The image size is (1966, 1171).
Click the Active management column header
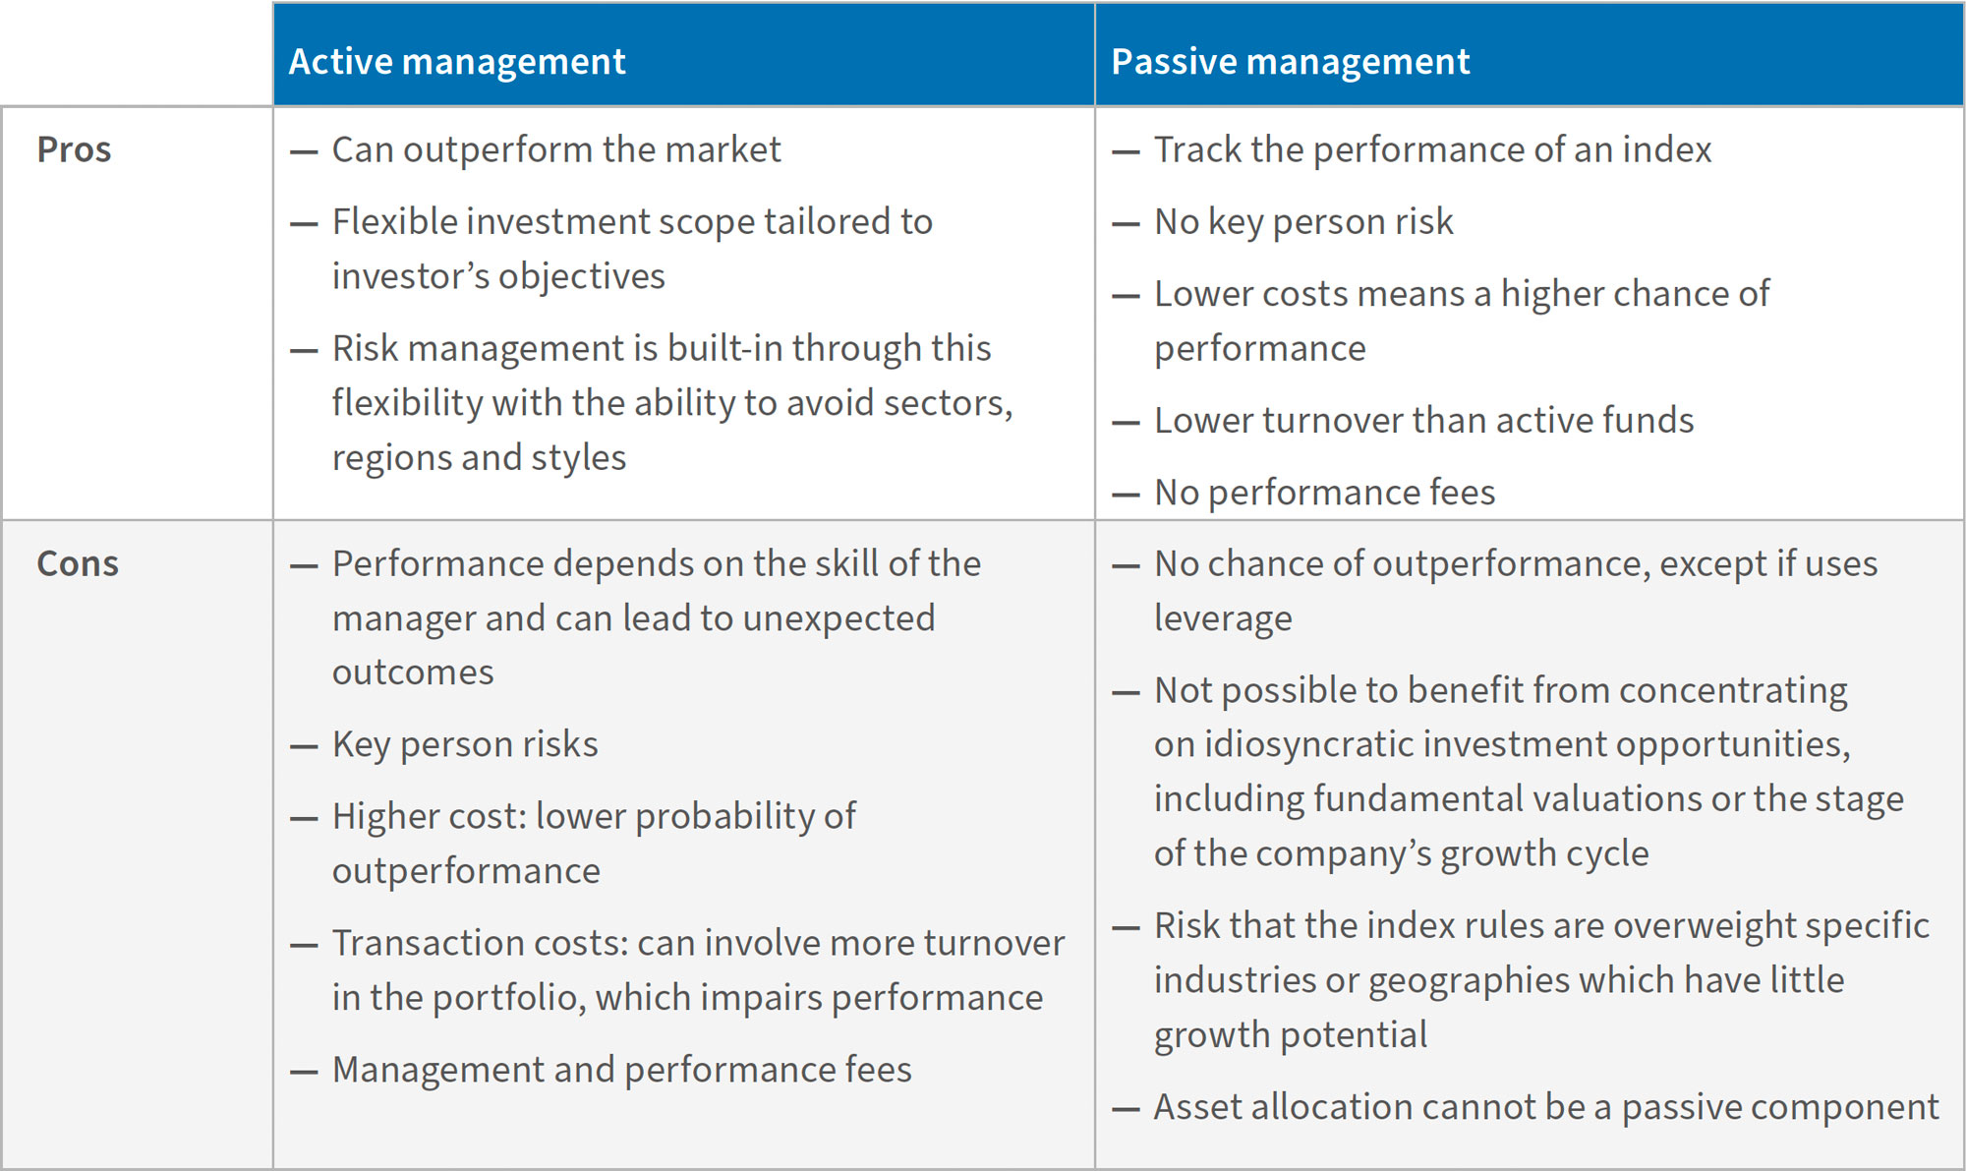(457, 61)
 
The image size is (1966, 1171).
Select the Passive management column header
(1290, 61)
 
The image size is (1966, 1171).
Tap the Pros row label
(74, 149)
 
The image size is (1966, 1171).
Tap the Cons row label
(78, 563)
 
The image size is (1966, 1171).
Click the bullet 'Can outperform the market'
(556, 149)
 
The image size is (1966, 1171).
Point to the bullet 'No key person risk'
(1303, 221)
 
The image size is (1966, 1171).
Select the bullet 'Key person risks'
(465, 744)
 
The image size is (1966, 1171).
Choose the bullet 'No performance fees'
(1324, 492)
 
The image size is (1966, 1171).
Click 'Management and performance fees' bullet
(621, 1070)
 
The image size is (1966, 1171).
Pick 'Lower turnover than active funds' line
(1423, 420)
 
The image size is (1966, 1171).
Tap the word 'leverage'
(1223, 618)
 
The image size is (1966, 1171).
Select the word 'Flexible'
(395, 221)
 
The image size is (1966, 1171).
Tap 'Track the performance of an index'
(1432, 149)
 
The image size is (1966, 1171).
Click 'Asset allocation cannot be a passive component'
(1545, 1107)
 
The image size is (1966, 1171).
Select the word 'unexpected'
(838, 618)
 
